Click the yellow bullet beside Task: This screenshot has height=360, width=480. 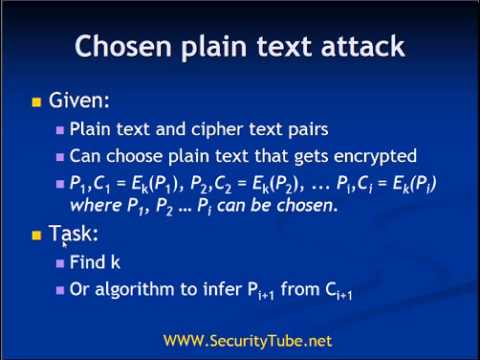(x=36, y=235)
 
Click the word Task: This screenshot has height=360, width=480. (x=74, y=235)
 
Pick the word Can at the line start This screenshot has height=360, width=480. (x=84, y=156)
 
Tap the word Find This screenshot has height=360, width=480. (x=88, y=263)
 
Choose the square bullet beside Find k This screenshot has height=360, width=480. (x=60, y=264)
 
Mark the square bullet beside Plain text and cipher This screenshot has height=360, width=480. (x=60, y=130)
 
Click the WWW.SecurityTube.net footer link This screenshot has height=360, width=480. (x=247, y=341)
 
